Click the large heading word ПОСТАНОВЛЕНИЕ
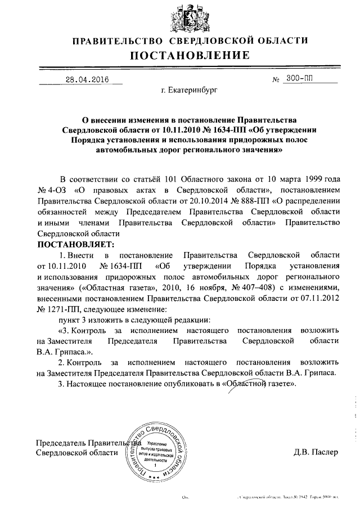tap(190, 55)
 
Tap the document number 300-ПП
tap(304, 79)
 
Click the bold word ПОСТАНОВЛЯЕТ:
tap(75, 245)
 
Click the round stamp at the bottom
tap(157, 450)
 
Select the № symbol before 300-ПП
tap(276, 80)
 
